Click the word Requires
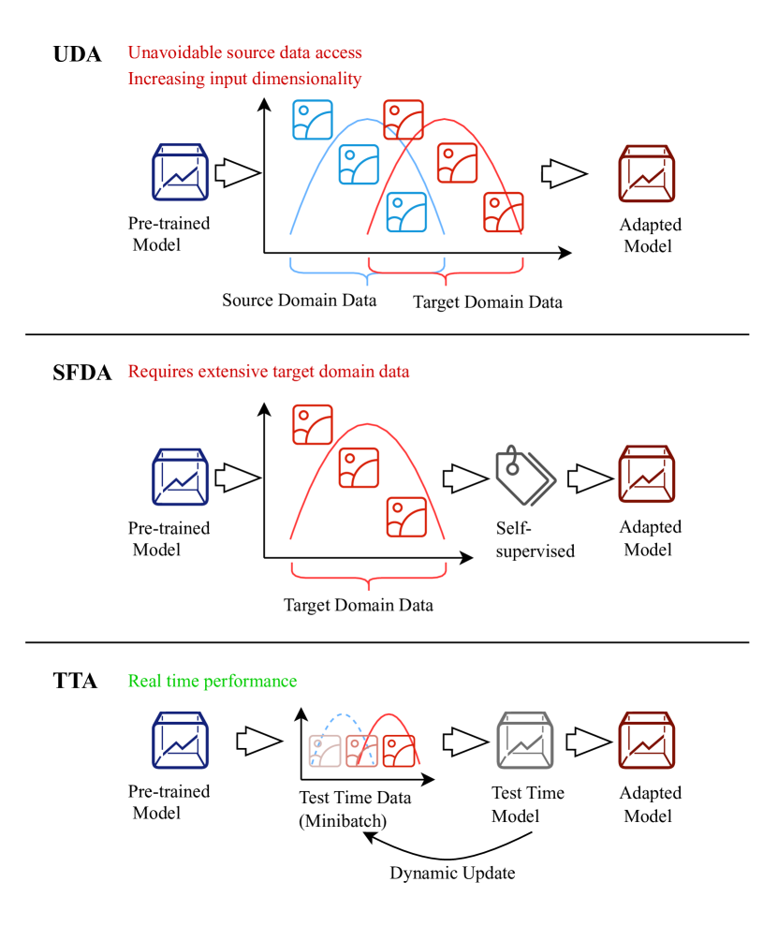[x=157, y=372]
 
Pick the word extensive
[x=228, y=372]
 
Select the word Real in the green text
[x=143, y=681]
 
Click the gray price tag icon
[x=524, y=476]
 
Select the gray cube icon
[x=524, y=740]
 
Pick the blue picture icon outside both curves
[x=313, y=120]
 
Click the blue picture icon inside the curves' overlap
[x=406, y=212]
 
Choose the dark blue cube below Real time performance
[x=181, y=740]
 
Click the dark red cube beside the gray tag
[x=646, y=474]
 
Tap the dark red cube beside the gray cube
[x=646, y=740]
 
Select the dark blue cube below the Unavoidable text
[x=181, y=172]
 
